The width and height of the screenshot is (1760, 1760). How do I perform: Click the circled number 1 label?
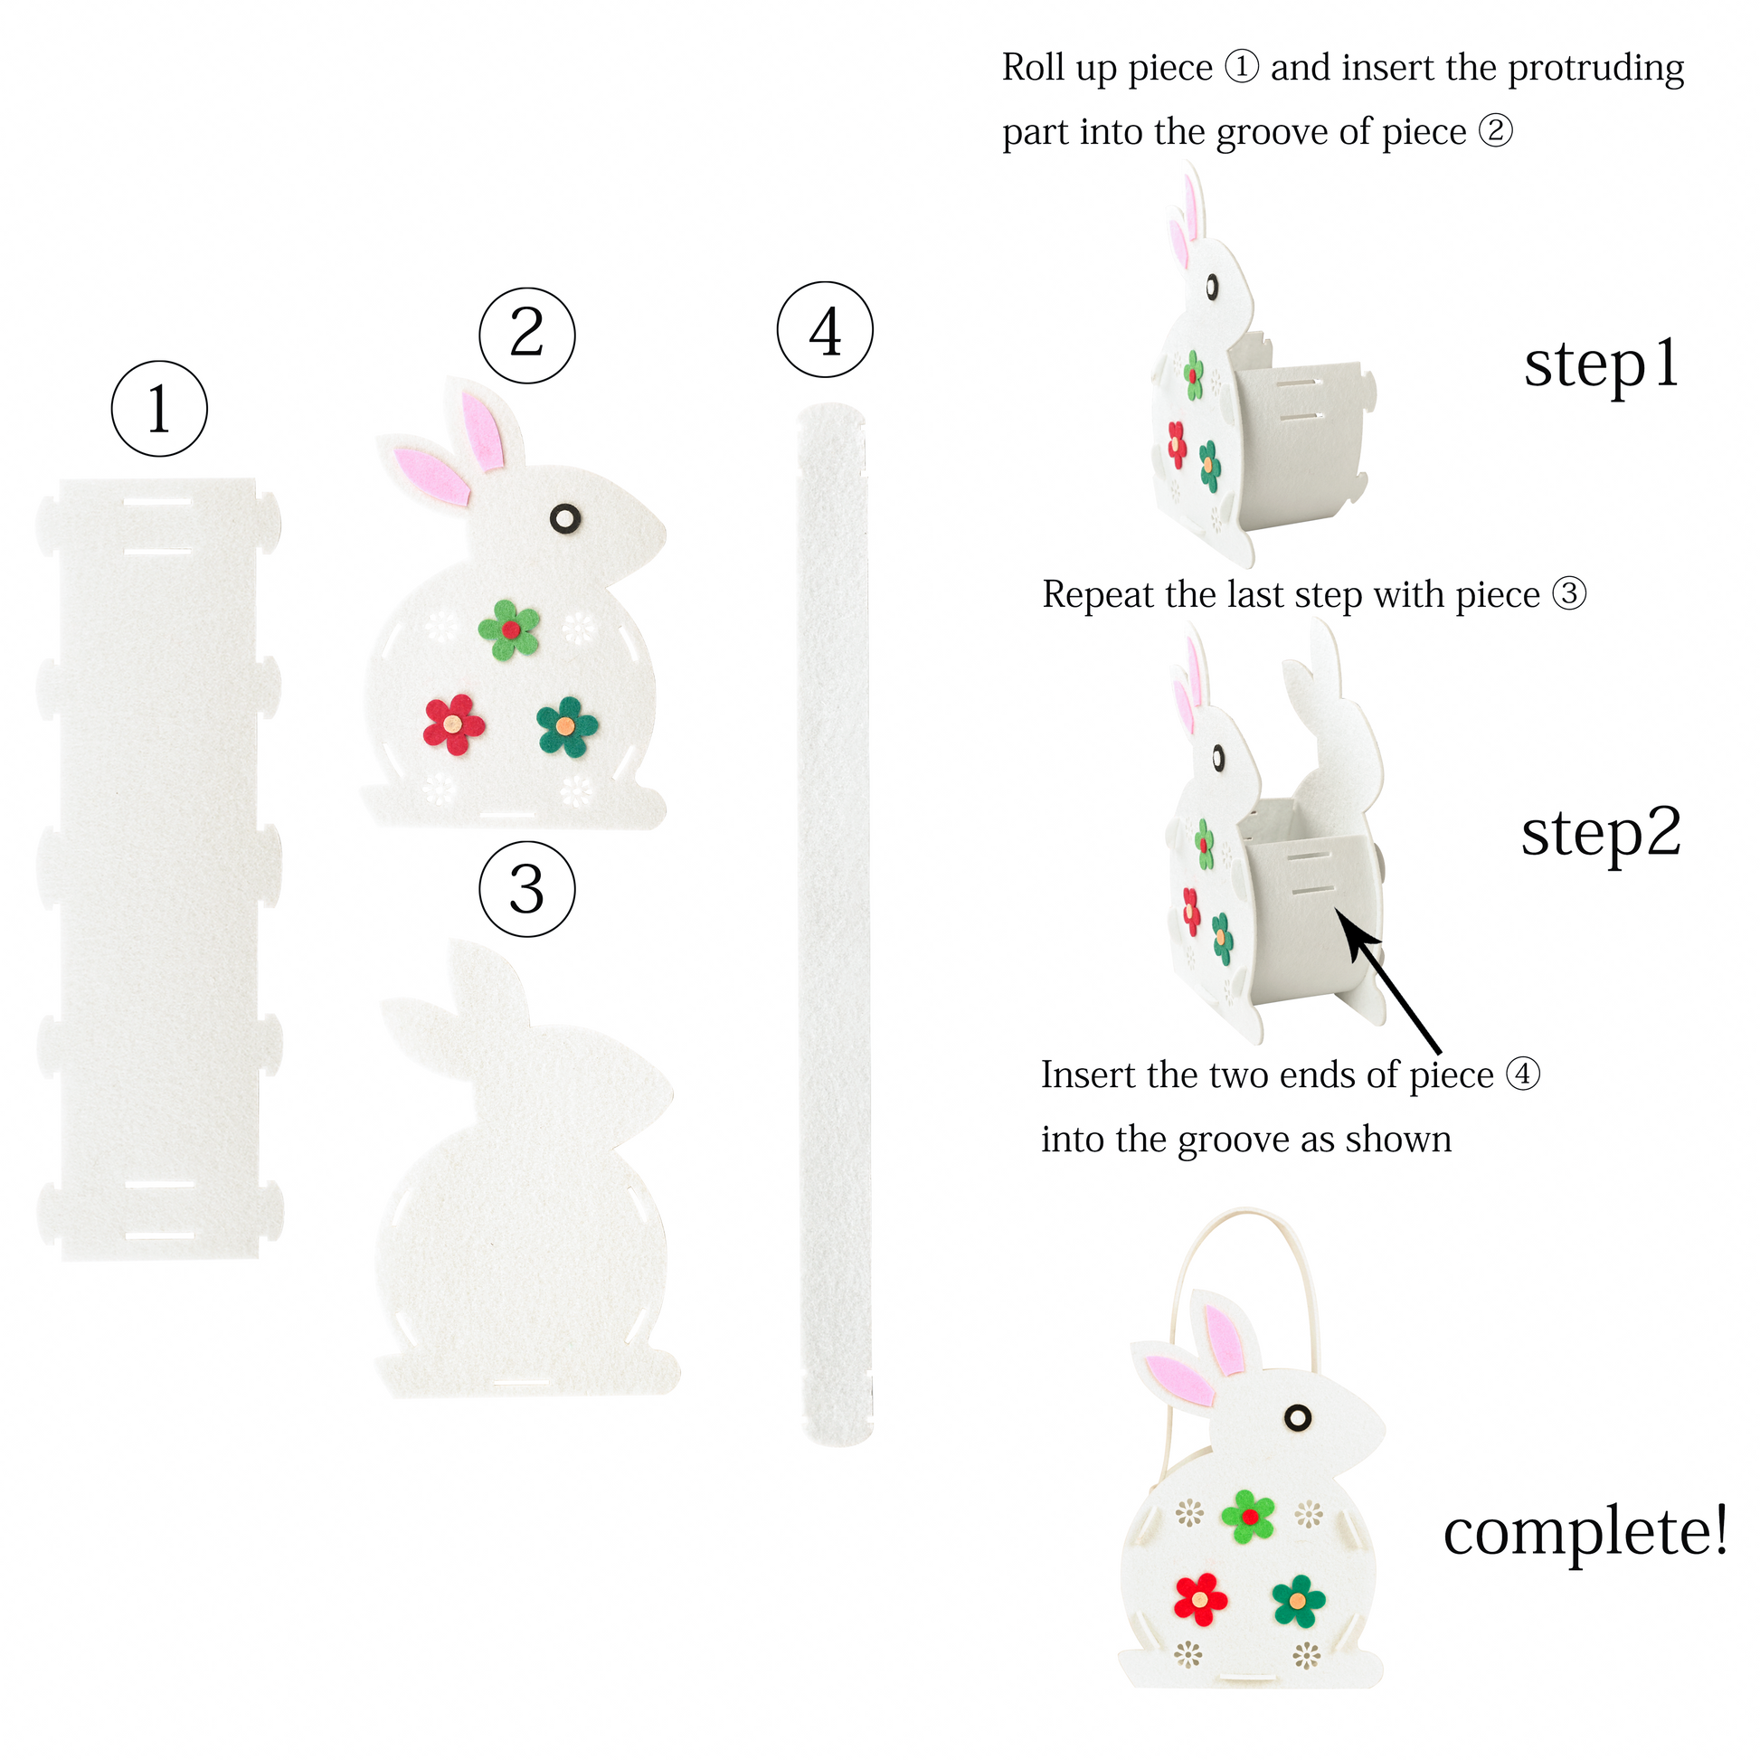[x=159, y=408]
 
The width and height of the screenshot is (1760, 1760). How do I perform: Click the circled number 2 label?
[x=527, y=336]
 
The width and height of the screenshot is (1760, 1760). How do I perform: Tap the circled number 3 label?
[x=527, y=888]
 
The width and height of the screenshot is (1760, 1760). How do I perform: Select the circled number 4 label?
[x=826, y=329]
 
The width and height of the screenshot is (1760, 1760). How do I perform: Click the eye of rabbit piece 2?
[x=564, y=518]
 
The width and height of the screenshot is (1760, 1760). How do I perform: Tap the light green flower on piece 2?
[x=509, y=629]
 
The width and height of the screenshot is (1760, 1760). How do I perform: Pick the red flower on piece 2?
[x=454, y=725]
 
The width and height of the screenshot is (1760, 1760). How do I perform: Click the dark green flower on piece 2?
[x=567, y=726]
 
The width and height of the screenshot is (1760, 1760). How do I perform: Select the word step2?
[x=1601, y=835]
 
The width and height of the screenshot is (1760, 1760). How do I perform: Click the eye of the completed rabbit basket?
[x=1297, y=1416]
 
